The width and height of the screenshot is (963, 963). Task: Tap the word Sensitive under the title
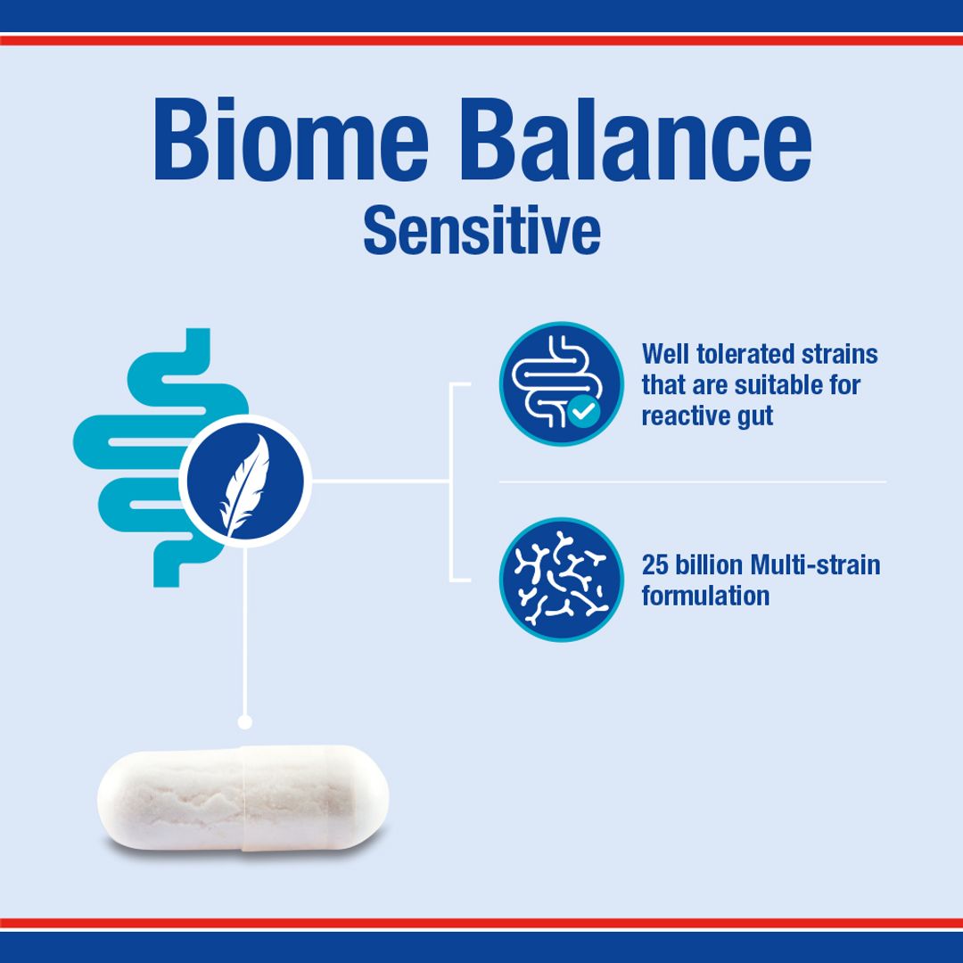481,231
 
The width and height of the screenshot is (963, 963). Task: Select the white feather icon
244,482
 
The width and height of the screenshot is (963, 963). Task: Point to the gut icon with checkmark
561,383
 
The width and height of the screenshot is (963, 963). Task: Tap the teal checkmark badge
584,411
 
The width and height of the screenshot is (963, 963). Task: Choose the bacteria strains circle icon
561,580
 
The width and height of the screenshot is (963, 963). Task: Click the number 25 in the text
655,565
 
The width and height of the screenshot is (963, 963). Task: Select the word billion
710,565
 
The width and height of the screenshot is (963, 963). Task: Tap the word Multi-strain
815,565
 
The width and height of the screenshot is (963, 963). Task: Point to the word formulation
704,596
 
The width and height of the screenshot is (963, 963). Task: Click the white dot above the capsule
245,721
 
